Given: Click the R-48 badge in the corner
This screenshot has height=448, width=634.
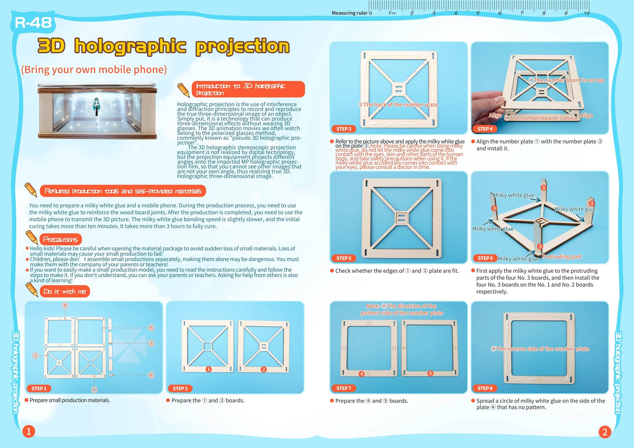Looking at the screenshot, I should tap(33, 23).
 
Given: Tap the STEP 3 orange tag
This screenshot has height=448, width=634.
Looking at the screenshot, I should tap(344, 129).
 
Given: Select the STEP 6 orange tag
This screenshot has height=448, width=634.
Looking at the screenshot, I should tap(485, 258).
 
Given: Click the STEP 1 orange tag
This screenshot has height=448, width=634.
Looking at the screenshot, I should tap(39, 388).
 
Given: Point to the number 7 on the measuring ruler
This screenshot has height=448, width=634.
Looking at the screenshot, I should tap(521, 13).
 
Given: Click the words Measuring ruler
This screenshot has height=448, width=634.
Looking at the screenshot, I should tap(349, 13).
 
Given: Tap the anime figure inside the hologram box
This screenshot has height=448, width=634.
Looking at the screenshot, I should tap(96, 107).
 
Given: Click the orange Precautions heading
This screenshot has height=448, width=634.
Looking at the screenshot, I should tap(61, 240).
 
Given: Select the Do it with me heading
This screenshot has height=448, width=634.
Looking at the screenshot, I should tap(65, 291).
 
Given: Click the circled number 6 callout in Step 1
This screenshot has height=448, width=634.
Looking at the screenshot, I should tap(151, 375).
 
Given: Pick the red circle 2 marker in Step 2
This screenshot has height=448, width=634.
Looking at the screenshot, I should tap(264, 369).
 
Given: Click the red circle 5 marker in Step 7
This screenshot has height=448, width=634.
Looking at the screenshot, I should tap(430, 373).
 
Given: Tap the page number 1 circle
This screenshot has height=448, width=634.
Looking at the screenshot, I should tap(29, 432).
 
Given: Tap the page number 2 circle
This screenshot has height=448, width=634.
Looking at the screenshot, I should tap(605, 432).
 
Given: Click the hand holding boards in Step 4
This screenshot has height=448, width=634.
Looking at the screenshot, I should tap(487, 101).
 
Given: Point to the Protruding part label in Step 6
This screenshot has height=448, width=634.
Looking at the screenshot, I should tap(562, 257).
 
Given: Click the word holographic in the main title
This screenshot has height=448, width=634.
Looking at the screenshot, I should tap(130, 46).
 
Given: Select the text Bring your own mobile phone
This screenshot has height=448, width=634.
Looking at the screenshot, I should tap(94, 69).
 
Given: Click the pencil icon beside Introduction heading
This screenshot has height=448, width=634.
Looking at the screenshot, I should tap(183, 90).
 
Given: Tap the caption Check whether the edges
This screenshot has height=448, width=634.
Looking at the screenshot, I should tap(397, 271).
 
